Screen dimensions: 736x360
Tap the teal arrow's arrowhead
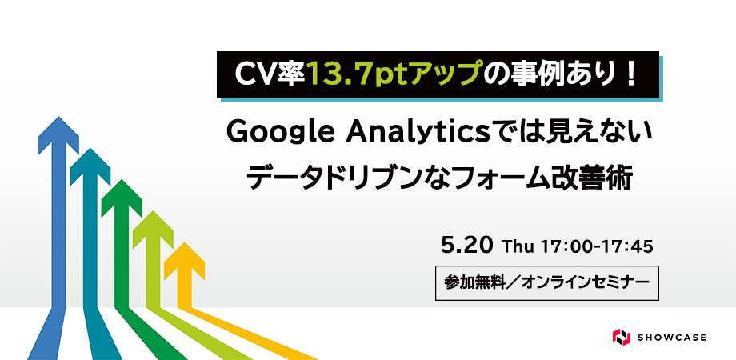tap(90, 166)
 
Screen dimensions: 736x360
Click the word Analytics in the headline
tap(417, 134)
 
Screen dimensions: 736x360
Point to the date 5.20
tap(467, 245)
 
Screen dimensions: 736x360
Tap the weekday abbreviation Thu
tap(518, 246)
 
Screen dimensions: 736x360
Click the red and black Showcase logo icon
tap(621, 337)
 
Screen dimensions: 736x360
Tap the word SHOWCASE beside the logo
tap(672, 338)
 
